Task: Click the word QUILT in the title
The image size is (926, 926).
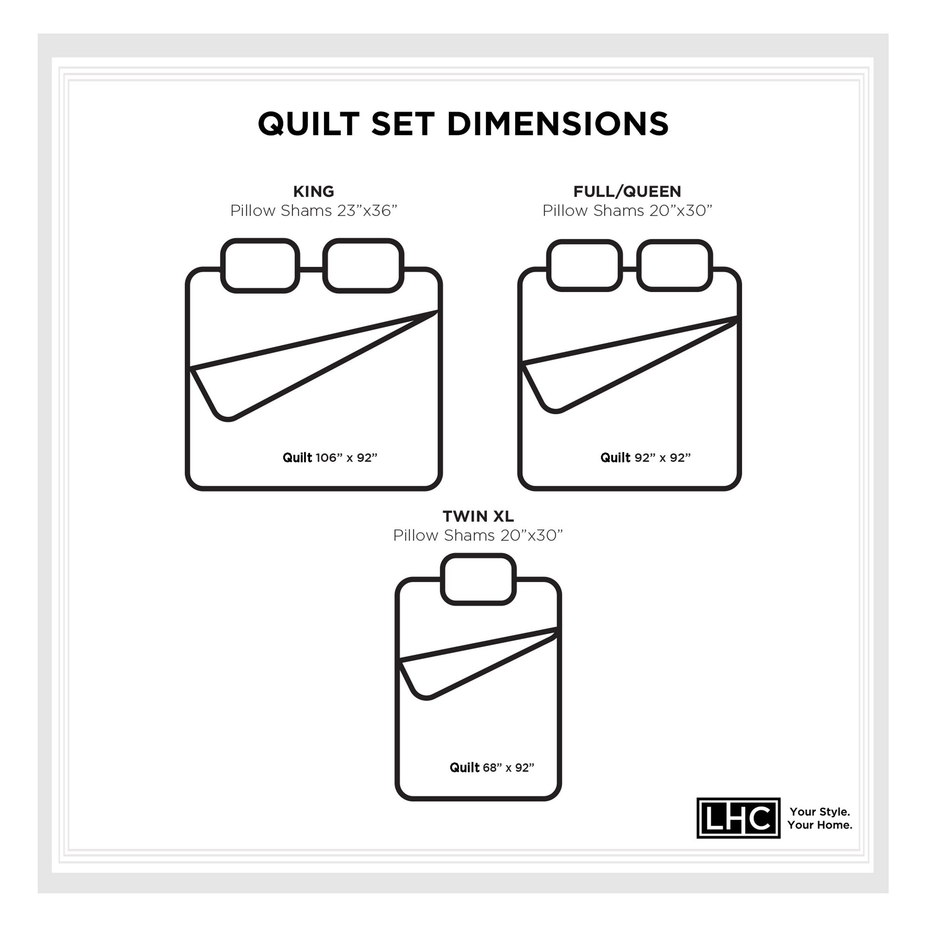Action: tap(309, 125)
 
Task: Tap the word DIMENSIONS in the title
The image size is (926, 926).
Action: tap(558, 124)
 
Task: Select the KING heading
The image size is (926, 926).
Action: tap(313, 192)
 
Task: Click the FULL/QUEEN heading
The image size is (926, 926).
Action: tap(627, 192)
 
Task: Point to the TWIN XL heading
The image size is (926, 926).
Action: tap(478, 516)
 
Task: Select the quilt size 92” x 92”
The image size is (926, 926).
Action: tap(662, 458)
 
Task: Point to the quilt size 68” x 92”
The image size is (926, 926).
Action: tap(508, 768)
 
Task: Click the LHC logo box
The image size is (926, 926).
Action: tap(738, 818)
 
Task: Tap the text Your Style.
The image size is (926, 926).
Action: tap(820, 812)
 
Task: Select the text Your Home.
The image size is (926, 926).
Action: tap(820, 825)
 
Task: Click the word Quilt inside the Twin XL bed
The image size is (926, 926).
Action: tap(464, 768)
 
